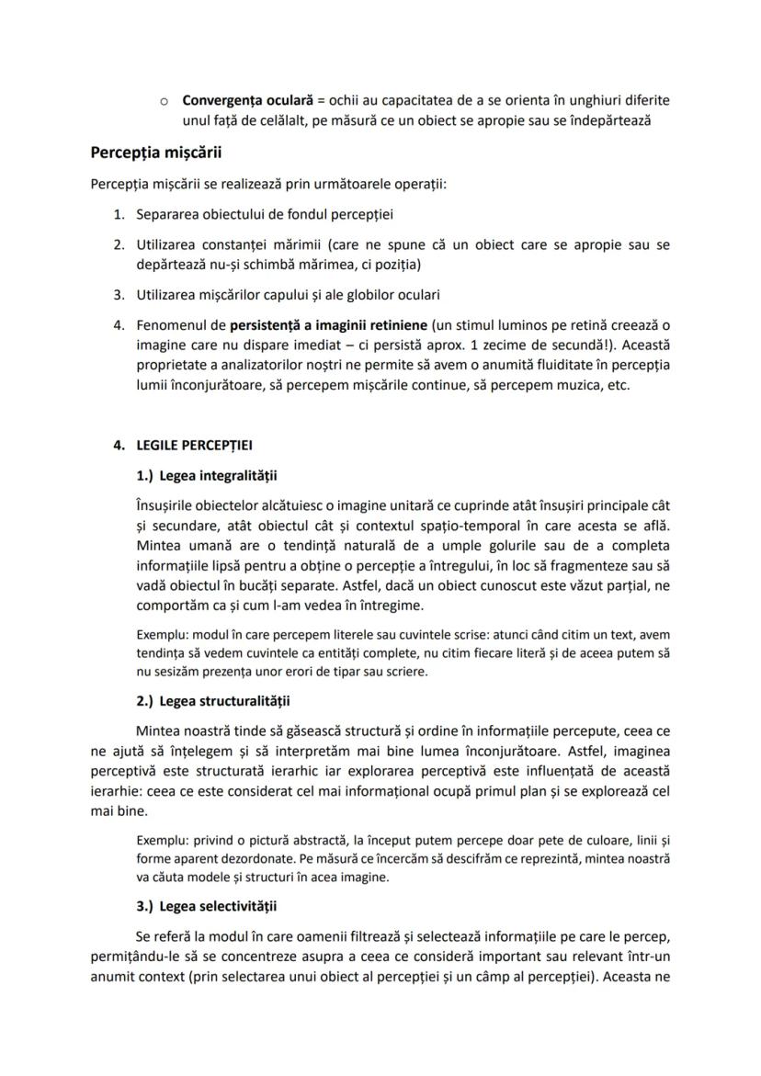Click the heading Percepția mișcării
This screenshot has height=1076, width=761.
coord(155,153)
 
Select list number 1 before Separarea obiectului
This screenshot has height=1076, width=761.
coord(119,214)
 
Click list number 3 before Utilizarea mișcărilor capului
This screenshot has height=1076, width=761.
coord(119,295)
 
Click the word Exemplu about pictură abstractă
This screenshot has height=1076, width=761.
coord(158,840)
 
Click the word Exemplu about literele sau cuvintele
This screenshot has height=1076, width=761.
coord(158,634)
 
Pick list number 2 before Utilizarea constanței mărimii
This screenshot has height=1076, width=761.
coord(119,245)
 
